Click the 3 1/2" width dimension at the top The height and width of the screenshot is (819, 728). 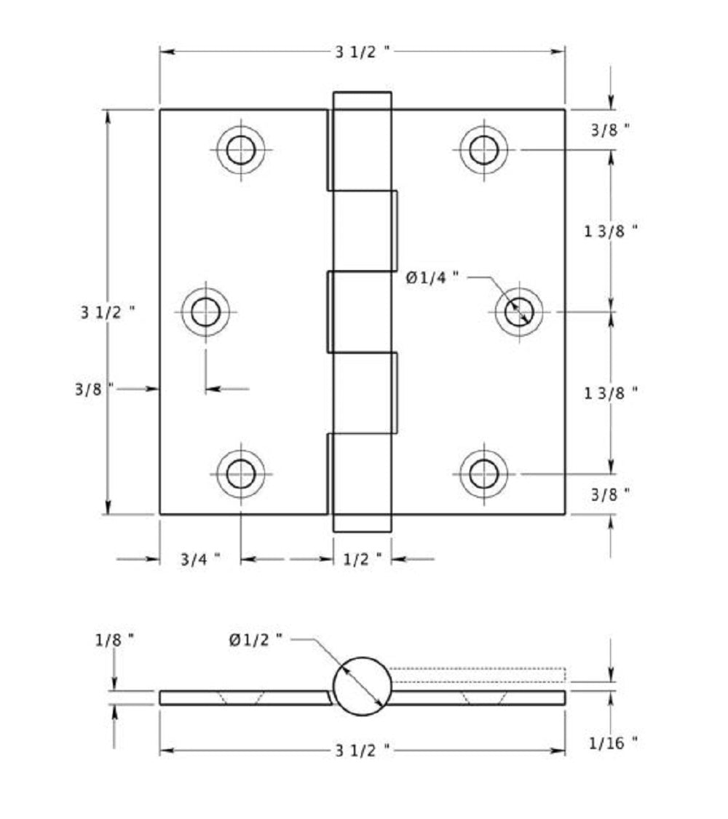pyautogui.click(x=363, y=52)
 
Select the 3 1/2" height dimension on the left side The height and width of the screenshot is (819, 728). pyautogui.click(x=107, y=312)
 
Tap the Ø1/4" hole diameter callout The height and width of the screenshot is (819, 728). pyautogui.click(x=433, y=277)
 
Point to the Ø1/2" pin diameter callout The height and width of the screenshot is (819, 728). pyautogui.click(x=255, y=640)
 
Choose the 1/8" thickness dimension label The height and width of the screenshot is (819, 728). pyautogui.click(x=114, y=640)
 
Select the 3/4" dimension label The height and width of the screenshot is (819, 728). pyautogui.click(x=200, y=559)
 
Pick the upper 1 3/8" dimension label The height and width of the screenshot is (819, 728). pyautogui.click(x=612, y=231)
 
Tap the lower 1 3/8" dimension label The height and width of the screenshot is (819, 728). pyautogui.click(x=612, y=392)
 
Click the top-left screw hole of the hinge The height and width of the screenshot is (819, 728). pyautogui.click(x=240, y=151)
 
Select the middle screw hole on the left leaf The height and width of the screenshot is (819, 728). pyautogui.click(x=205, y=312)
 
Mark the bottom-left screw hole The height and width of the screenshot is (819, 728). pyautogui.click(x=240, y=474)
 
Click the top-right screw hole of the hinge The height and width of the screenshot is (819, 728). pyautogui.click(x=483, y=151)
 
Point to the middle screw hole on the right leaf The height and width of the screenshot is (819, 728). pyautogui.click(x=518, y=312)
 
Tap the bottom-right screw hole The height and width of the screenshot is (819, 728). pyautogui.click(x=483, y=474)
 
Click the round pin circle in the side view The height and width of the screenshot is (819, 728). pyautogui.click(x=363, y=686)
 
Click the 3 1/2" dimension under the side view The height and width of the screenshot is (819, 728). pyautogui.click(x=363, y=750)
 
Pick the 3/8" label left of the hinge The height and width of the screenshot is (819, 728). pyautogui.click(x=95, y=389)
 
